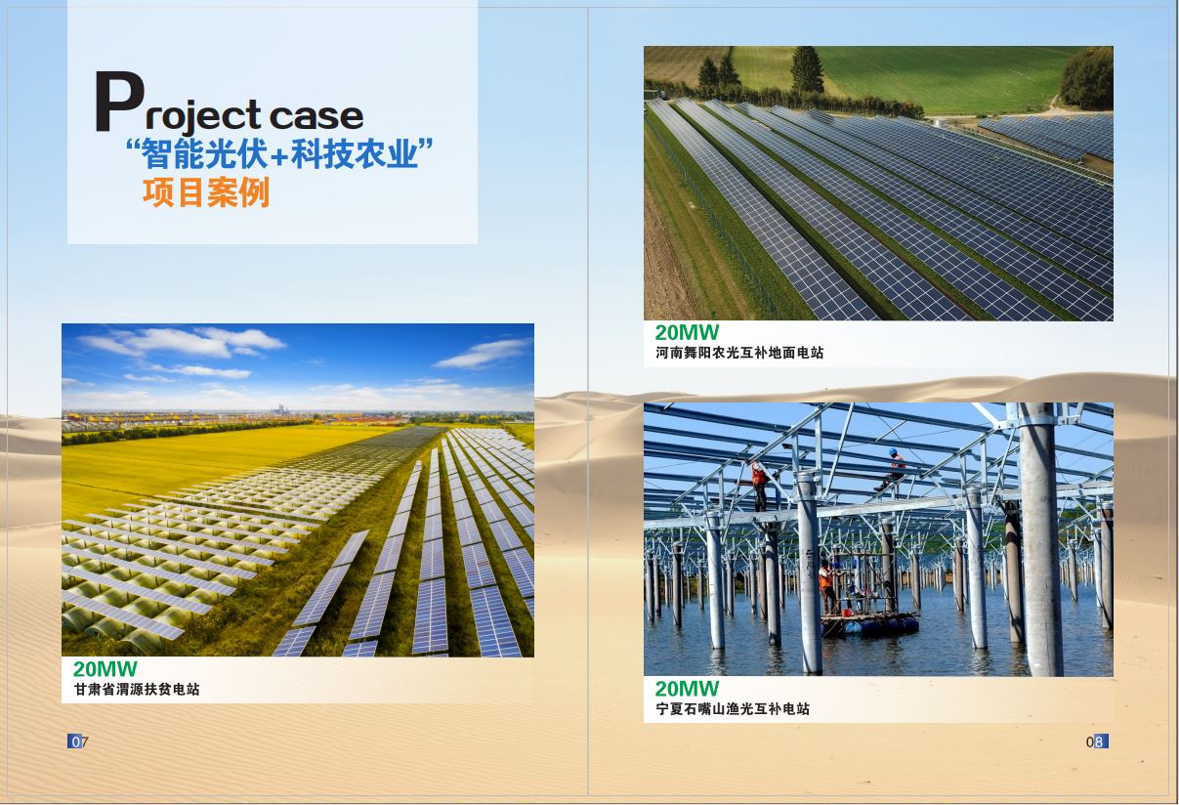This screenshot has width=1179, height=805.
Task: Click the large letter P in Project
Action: click(119, 101)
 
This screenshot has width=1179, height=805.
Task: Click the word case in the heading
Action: click(316, 116)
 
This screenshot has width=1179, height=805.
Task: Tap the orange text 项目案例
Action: click(206, 192)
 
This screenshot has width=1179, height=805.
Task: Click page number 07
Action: click(78, 741)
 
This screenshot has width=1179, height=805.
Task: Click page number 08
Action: click(1097, 741)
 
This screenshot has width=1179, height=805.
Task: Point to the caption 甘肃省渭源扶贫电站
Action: click(137, 689)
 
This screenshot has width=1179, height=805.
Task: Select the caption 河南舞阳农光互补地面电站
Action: click(739, 353)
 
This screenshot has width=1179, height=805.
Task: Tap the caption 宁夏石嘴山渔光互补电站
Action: click(733, 708)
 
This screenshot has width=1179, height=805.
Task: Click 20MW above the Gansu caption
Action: click(105, 669)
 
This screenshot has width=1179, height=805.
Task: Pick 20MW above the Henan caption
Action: click(687, 333)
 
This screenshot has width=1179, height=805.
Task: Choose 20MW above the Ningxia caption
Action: click(687, 689)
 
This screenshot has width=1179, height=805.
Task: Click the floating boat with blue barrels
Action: click(869, 624)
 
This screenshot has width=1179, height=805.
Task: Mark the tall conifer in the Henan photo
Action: click(807, 70)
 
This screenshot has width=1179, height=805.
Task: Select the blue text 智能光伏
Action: click(204, 153)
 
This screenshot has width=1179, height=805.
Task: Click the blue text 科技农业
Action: click(355, 153)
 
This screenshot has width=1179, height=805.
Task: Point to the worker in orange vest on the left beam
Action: click(759, 486)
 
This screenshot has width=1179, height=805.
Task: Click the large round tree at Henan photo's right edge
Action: click(1086, 78)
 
